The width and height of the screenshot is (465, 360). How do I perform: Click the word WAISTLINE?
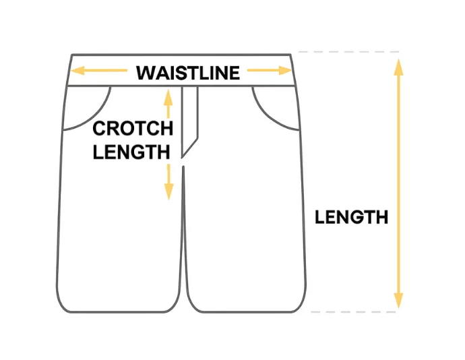tap(187, 73)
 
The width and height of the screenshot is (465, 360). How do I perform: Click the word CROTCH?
tap(133, 128)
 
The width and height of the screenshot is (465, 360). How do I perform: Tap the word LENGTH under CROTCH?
tap(131, 152)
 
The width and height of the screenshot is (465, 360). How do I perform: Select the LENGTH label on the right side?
tap(351, 217)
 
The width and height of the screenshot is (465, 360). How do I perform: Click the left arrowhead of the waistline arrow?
tap(77, 70)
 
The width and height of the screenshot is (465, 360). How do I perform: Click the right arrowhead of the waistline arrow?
tap(286, 70)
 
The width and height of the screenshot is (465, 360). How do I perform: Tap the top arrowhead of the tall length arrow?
tap(398, 65)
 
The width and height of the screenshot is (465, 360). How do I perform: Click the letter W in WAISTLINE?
tap(145, 73)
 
